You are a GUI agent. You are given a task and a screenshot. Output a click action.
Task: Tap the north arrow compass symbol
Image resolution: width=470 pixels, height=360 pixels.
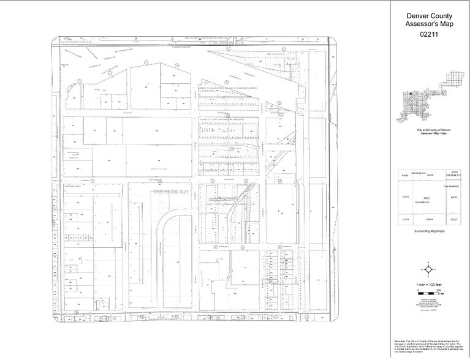point(429,270)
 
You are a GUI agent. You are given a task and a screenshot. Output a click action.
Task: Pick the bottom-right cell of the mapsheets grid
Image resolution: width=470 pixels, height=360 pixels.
point(453,219)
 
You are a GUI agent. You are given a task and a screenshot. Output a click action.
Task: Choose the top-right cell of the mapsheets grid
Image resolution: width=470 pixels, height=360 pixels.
point(453,174)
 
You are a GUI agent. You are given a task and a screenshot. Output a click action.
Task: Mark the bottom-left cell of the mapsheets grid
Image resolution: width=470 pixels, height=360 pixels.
point(404,219)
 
